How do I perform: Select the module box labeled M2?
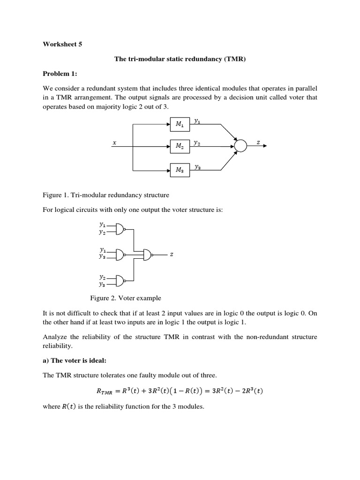click(x=180, y=146)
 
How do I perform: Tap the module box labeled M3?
click(x=180, y=170)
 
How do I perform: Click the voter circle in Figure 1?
click(x=240, y=146)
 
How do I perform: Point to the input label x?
click(x=114, y=143)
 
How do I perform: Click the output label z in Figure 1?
click(x=258, y=142)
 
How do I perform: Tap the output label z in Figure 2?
click(x=172, y=254)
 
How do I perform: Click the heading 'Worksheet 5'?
click(x=62, y=45)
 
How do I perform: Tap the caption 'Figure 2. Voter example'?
click(x=126, y=298)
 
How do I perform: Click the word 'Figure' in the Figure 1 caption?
click(x=52, y=195)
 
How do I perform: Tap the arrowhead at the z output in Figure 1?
click(x=266, y=146)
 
